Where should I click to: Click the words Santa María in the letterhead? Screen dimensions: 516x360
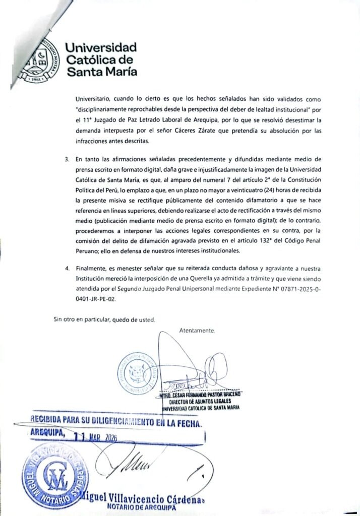pyautogui.click(x=101, y=71)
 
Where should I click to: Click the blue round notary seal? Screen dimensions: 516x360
pyautogui.click(x=54, y=474)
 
